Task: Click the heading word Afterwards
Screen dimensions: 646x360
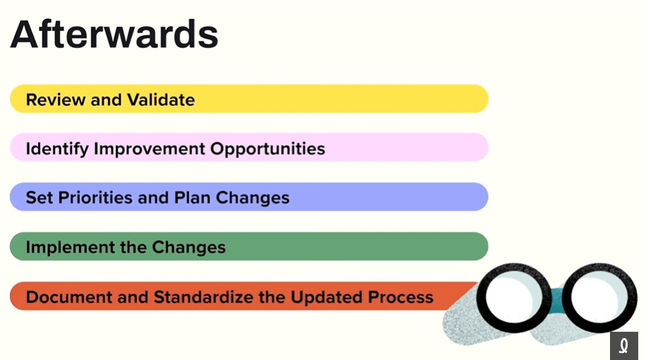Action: (x=114, y=34)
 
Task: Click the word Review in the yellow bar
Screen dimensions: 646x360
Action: (x=56, y=100)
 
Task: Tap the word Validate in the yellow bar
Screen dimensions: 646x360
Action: (x=161, y=100)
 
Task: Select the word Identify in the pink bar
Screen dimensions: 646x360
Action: (x=57, y=149)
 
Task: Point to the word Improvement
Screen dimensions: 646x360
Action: (x=149, y=149)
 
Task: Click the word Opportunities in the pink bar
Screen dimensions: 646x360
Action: (x=268, y=149)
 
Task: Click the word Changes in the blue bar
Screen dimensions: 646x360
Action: (x=253, y=198)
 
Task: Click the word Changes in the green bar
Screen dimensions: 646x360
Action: (x=189, y=248)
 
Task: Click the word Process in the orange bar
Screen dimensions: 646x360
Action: (x=400, y=297)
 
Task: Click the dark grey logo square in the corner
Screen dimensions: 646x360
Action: (x=623, y=346)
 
